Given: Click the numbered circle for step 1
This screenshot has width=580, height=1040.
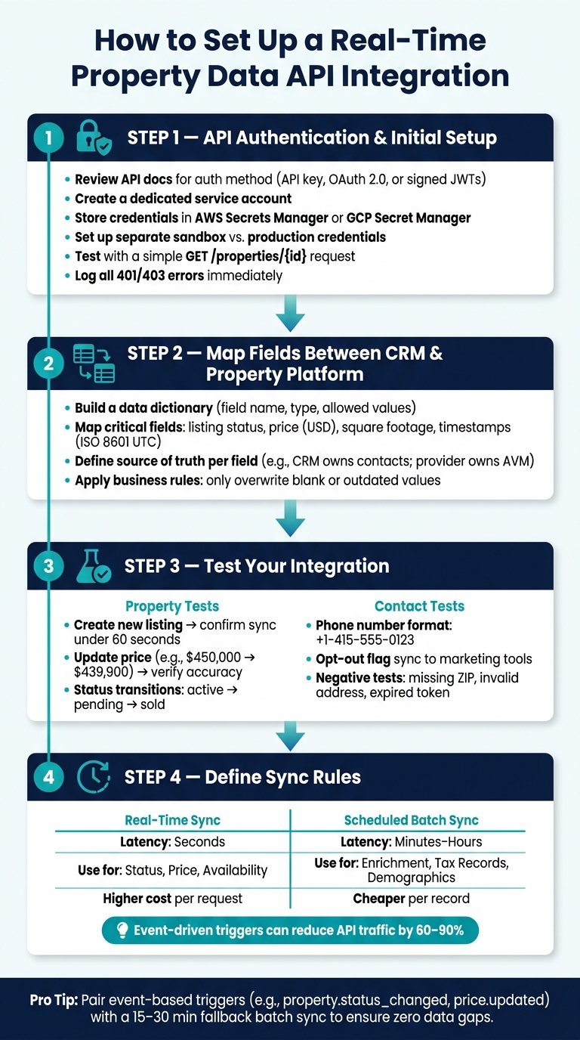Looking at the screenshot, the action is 49,138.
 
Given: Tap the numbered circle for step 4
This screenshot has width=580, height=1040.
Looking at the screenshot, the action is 49,777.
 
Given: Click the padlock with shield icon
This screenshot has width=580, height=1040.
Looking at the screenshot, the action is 94,138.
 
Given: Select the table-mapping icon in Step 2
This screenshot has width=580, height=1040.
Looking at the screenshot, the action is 94,364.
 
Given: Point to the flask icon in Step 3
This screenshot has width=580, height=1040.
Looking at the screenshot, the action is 93,566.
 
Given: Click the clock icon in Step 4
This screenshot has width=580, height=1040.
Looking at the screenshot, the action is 93,777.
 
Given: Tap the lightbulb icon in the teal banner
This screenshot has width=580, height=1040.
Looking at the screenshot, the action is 122,930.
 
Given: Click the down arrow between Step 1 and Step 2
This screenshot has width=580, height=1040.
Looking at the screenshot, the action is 290,313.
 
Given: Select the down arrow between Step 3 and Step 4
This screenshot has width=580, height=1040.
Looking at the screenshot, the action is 290,736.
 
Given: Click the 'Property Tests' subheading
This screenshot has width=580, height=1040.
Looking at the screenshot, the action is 172,606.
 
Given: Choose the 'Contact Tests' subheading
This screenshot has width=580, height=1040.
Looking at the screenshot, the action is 419,606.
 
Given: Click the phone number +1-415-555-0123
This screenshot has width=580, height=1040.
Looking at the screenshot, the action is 365,639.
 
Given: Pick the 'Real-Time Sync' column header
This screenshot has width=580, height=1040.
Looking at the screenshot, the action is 173,820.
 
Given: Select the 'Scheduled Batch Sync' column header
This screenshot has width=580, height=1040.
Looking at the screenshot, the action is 411,820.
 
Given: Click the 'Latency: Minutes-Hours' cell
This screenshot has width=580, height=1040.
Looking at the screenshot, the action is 411,842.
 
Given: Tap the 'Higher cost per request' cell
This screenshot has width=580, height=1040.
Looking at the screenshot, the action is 173,899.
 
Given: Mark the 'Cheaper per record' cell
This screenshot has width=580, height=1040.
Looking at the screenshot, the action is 411,899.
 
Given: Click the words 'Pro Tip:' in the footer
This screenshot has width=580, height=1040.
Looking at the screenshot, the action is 54,1000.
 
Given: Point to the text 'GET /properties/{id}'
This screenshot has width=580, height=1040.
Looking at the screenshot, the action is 245,256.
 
